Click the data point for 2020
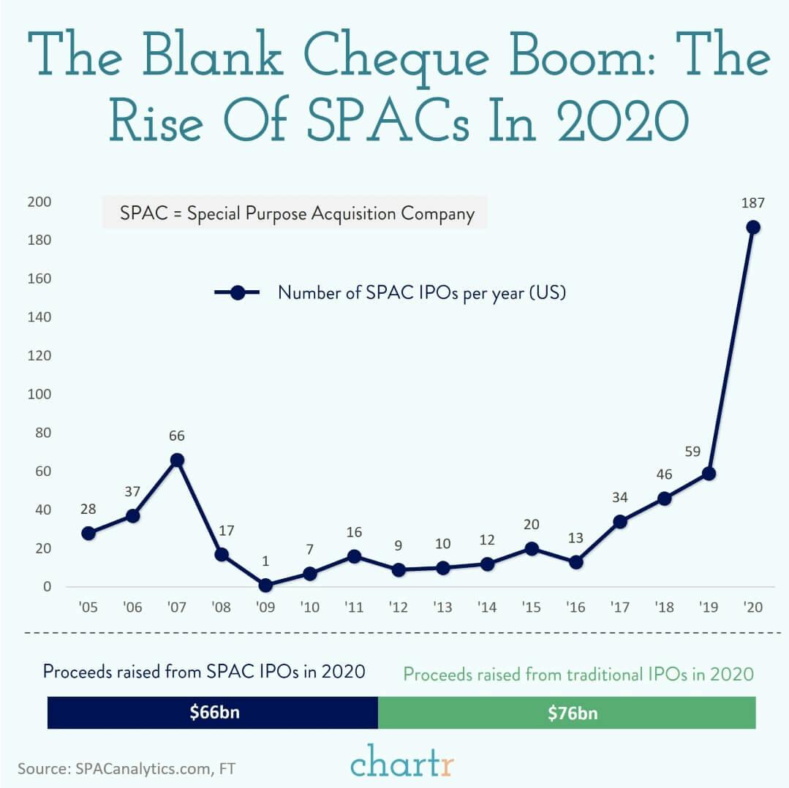point(752,227)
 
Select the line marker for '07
point(177,460)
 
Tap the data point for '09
point(265,585)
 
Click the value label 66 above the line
point(177,436)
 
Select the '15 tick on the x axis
point(531,607)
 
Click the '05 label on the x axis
point(88,607)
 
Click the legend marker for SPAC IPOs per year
point(238,292)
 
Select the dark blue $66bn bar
point(212,713)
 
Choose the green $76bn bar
point(567,713)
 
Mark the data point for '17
point(619,521)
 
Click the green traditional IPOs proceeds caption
point(578,673)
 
